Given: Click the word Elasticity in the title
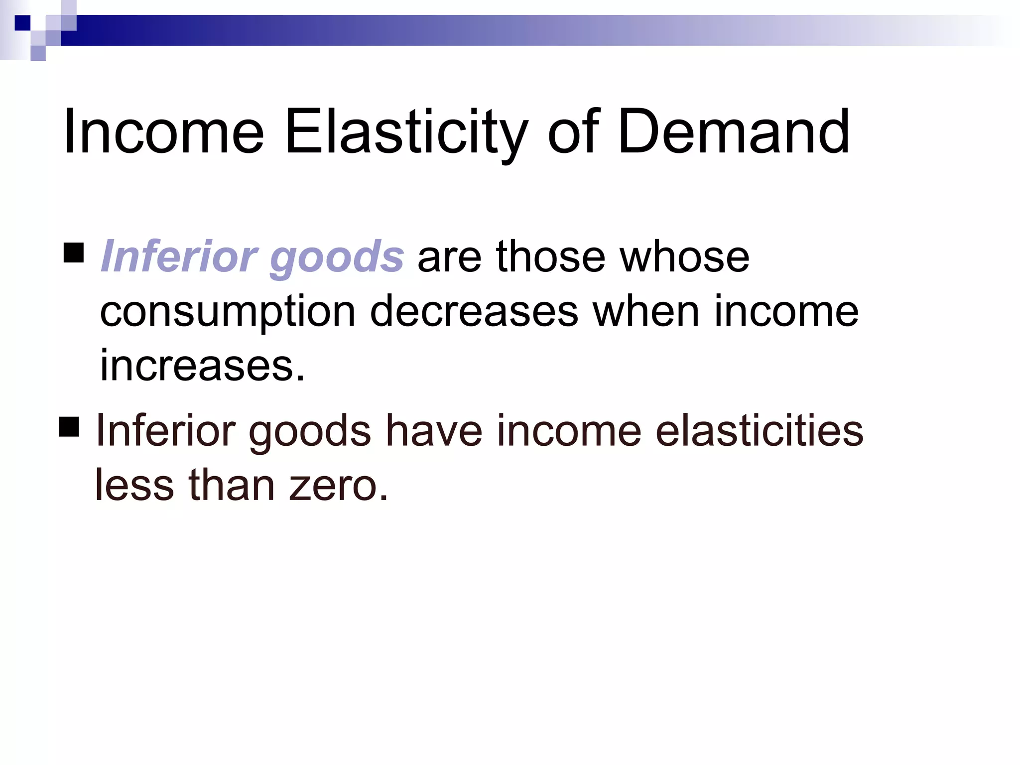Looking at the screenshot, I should [406, 132].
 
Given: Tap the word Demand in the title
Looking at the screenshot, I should [733, 132].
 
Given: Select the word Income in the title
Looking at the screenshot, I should [163, 132].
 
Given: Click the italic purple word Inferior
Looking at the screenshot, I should [178, 256].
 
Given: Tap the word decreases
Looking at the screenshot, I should [474, 311].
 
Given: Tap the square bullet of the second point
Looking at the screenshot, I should [69, 427].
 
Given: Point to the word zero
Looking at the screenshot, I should [338, 486].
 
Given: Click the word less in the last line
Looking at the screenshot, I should [134, 486].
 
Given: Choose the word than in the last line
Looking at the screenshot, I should [232, 486].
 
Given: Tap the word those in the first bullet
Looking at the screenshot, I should [550, 256].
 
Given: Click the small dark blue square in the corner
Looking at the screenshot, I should [22, 23].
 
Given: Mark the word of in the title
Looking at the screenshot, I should [573, 132].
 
